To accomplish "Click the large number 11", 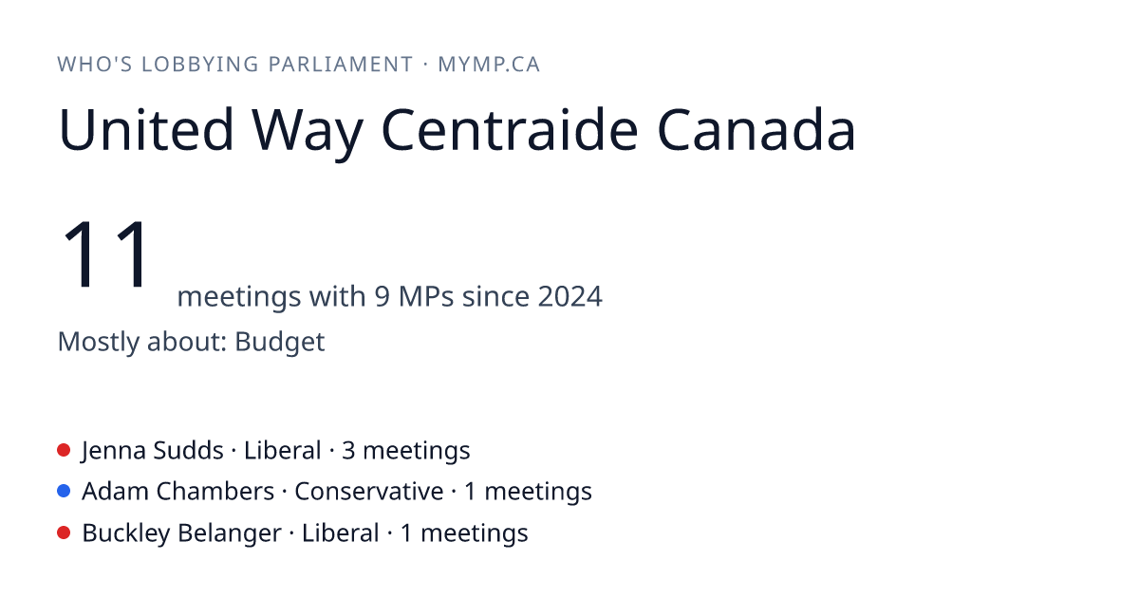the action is pyautogui.click(x=105, y=253).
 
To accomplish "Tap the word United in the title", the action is pyautogui.click(x=146, y=129).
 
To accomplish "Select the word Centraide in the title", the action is pyautogui.click(x=510, y=129).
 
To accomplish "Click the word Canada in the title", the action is pyautogui.click(x=756, y=129).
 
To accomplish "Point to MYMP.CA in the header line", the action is pyautogui.click(x=489, y=65).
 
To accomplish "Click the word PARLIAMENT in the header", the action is pyautogui.click(x=340, y=65).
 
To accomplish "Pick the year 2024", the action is pyautogui.click(x=570, y=296).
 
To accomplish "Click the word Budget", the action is pyautogui.click(x=280, y=342).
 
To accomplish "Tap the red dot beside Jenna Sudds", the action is pyautogui.click(x=64, y=450).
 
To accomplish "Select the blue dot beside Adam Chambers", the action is pyautogui.click(x=64, y=492).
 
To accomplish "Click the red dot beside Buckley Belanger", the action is pyautogui.click(x=64, y=533).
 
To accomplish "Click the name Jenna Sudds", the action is pyautogui.click(x=153, y=451).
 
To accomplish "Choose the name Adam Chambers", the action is pyautogui.click(x=178, y=492).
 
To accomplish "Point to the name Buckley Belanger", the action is pyautogui.click(x=181, y=533).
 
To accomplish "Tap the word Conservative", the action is pyautogui.click(x=368, y=492).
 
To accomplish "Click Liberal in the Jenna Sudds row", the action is pyautogui.click(x=282, y=451).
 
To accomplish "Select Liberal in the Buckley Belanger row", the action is pyautogui.click(x=340, y=533).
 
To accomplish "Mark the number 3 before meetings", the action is pyautogui.click(x=348, y=451).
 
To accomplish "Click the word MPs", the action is pyautogui.click(x=426, y=296).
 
